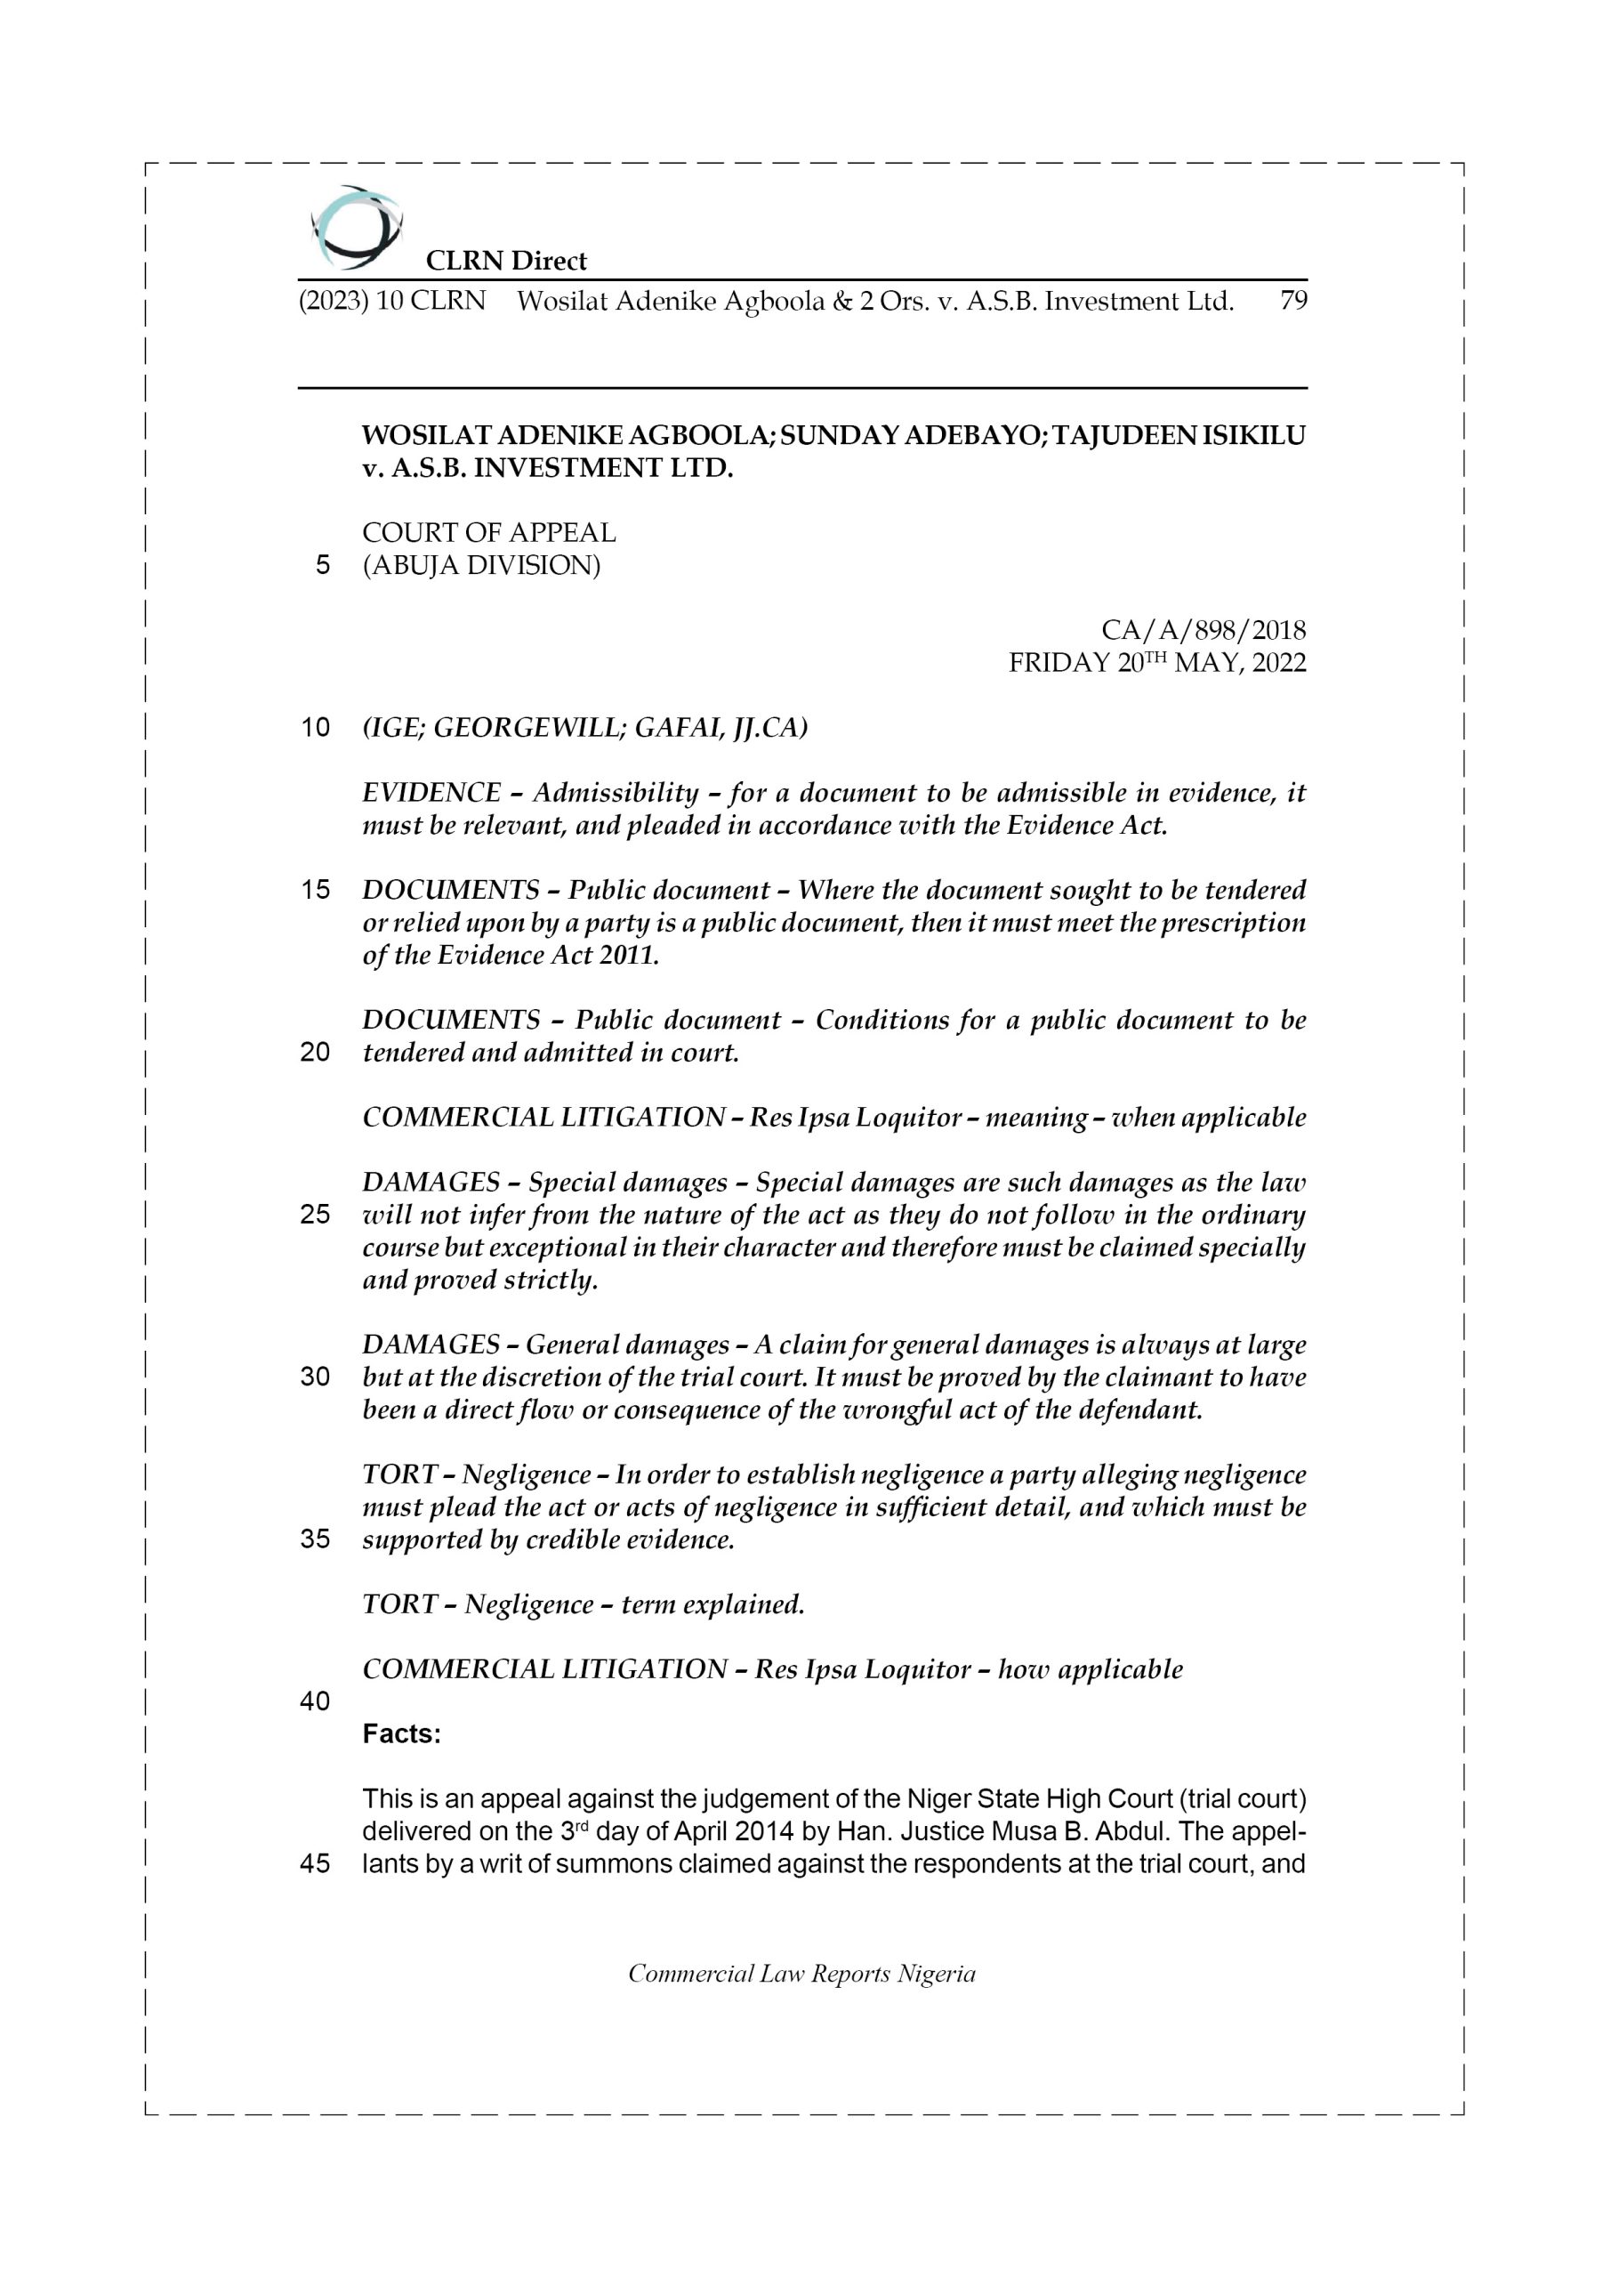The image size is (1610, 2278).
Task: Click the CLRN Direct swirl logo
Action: pos(355,227)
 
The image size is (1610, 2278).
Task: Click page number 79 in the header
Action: pos(1292,301)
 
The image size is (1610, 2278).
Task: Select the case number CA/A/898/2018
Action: pos(1203,630)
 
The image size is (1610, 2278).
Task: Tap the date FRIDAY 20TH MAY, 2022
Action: pos(1156,663)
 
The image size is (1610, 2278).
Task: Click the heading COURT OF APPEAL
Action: pos(489,533)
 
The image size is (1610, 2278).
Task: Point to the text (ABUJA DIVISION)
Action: pos(481,566)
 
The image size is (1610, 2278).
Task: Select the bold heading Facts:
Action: pos(402,1734)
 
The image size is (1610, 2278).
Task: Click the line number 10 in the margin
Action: pos(316,728)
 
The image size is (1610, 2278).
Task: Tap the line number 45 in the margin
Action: pos(316,1864)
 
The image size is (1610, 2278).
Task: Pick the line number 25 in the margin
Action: pos(316,1216)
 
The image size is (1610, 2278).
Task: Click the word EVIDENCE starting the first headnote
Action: pos(431,793)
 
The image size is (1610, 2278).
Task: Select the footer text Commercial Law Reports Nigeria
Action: pos(801,1975)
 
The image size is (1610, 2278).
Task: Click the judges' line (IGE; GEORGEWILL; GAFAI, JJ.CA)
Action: pos(585,728)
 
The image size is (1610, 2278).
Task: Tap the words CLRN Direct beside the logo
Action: pos(506,261)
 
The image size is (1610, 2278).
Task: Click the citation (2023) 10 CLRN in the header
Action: pos(393,301)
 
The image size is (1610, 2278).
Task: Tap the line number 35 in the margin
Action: pos(316,1539)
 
